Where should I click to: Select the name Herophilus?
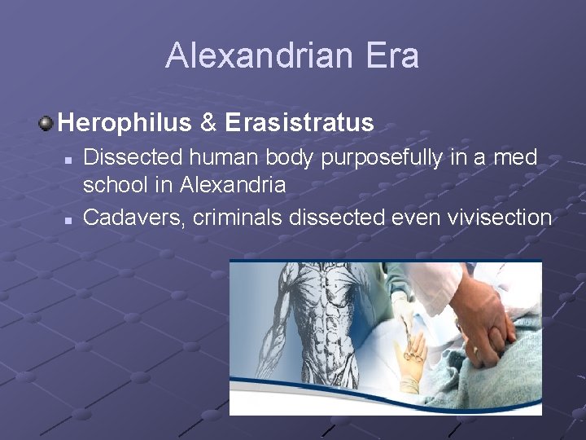tap(125, 123)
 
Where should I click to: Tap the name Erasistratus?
tap(299, 123)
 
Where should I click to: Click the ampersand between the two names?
tap(208, 123)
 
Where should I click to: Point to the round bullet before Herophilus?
tap(46, 123)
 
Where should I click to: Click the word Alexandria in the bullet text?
tap(234, 185)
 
